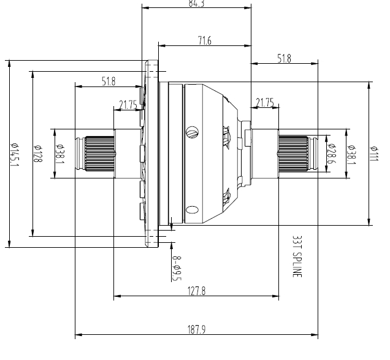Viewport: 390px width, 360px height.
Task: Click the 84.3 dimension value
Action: pyautogui.click(x=196, y=4)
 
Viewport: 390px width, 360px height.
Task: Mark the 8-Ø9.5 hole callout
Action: pyautogui.click(x=176, y=268)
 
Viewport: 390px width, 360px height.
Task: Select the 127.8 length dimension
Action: pyautogui.click(x=196, y=292)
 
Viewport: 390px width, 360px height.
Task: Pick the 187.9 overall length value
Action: pyautogui.click(x=196, y=330)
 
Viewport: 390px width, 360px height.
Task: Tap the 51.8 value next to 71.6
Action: pyautogui.click(x=285, y=59)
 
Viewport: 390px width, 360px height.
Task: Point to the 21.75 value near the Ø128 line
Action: pyautogui.click(x=128, y=104)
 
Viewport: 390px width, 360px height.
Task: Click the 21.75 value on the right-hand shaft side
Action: pyautogui.click(x=265, y=102)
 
